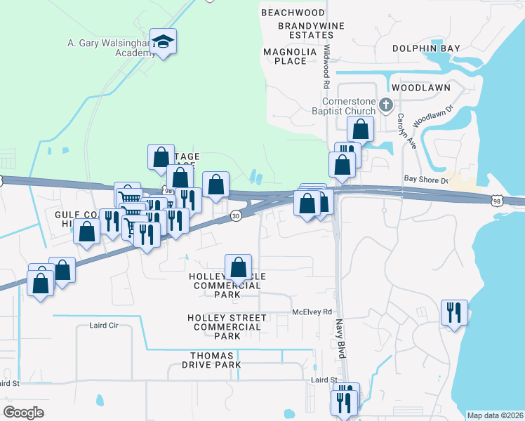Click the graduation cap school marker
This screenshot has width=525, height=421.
click(x=163, y=43)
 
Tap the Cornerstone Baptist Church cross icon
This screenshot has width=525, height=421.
click(x=385, y=106)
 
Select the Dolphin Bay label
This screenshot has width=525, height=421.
click(x=426, y=48)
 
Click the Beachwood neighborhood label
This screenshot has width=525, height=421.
click(x=293, y=13)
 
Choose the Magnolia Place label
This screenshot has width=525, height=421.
click(x=285, y=56)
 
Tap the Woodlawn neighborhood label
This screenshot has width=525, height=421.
click(x=420, y=88)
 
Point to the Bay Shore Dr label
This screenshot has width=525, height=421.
click(x=425, y=180)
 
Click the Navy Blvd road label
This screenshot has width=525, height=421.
click(x=339, y=339)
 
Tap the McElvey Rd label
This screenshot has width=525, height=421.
click(x=312, y=312)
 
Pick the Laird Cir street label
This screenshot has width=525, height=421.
click(x=105, y=326)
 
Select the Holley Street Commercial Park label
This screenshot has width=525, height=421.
click(x=227, y=327)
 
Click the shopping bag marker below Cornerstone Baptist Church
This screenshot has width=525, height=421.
click(x=361, y=129)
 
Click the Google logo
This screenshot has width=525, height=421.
click(x=24, y=413)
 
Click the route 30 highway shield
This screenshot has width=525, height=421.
click(x=236, y=215)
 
